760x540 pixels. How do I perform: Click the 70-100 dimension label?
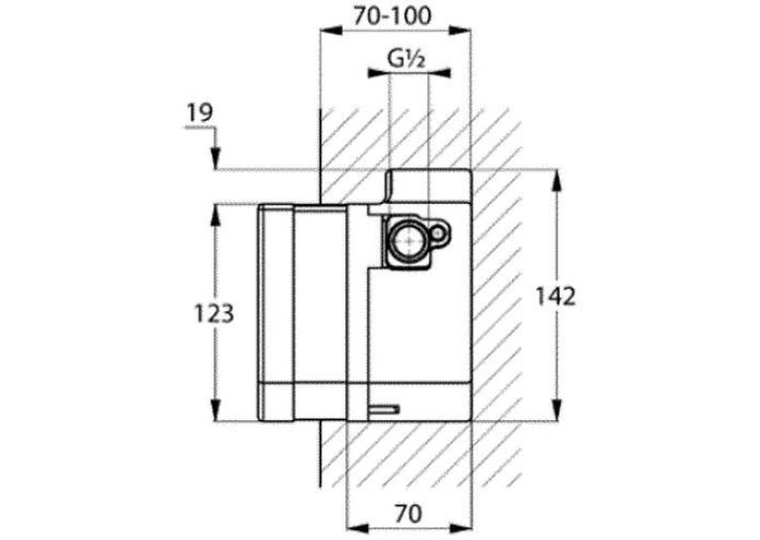pos(391,17)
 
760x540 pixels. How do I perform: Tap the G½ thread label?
pos(406,59)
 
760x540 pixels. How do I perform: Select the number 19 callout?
pos(199,113)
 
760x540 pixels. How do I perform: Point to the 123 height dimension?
pos(213,313)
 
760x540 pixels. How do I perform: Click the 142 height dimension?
pos(556,296)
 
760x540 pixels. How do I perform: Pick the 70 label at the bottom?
pos(408,513)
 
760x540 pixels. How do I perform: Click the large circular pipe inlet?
pos(409,240)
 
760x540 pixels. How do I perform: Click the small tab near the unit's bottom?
pos(385,410)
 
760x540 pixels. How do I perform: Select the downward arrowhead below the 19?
pos(216,159)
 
